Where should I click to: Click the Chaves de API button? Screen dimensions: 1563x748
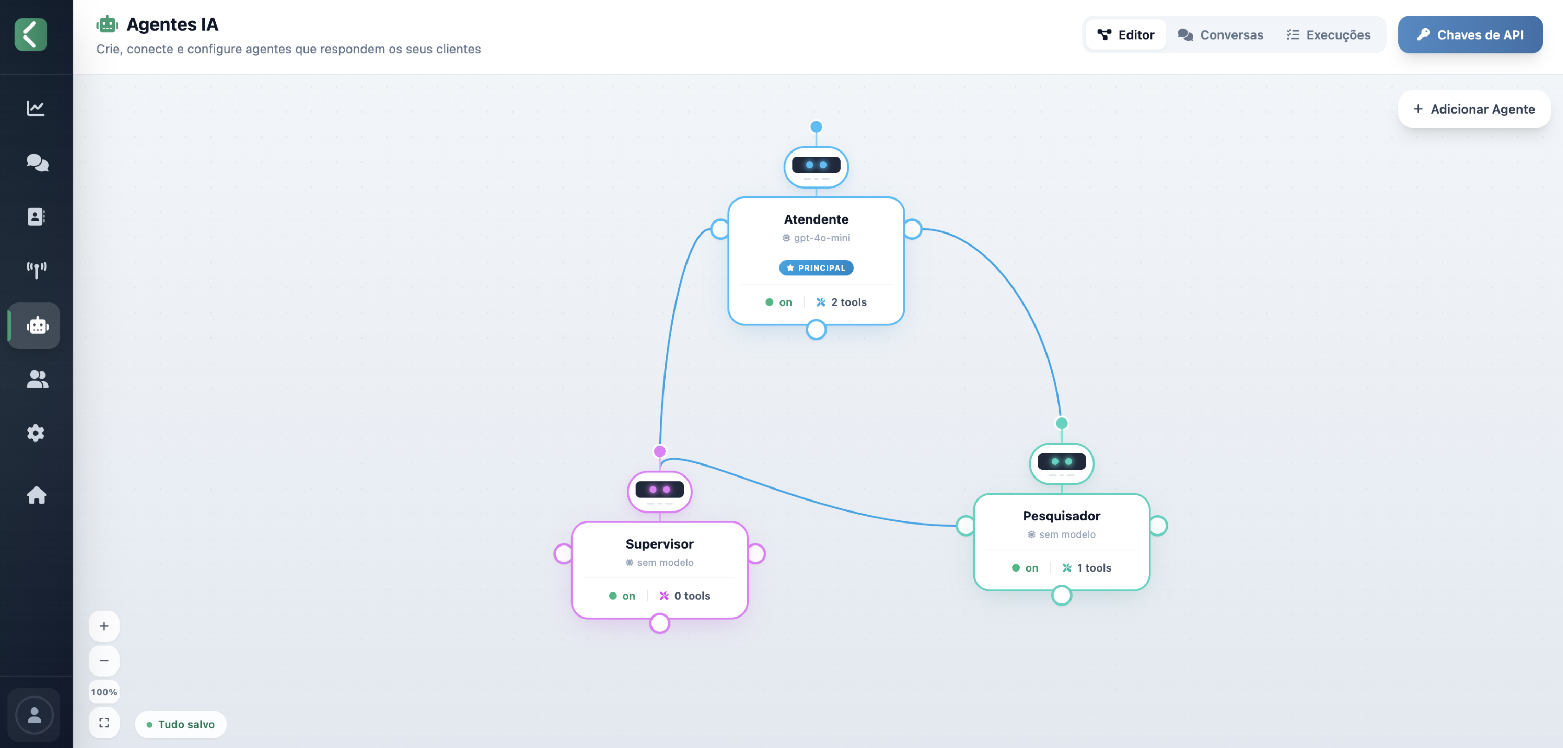point(1470,35)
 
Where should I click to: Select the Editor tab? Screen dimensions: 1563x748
point(1126,35)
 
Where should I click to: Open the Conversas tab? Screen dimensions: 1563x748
point(1220,35)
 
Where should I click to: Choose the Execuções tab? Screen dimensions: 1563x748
point(1328,35)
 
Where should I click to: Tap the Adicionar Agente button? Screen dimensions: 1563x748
point(1474,109)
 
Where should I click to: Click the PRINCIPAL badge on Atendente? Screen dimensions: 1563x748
point(816,268)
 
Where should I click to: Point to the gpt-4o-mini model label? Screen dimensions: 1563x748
point(816,238)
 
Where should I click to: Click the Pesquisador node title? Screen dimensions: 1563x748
point(1061,516)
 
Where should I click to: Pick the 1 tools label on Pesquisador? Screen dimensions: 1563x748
point(1087,568)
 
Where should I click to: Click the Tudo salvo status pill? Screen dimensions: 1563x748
point(181,724)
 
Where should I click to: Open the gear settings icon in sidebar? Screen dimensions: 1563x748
point(36,433)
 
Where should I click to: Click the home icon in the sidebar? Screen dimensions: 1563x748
point(36,495)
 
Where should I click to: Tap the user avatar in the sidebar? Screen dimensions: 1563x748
point(35,715)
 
